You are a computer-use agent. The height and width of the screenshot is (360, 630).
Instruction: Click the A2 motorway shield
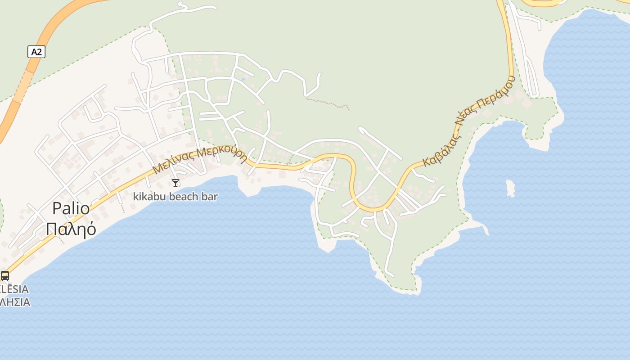[36, 52]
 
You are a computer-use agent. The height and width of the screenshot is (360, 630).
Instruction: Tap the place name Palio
[71, 208]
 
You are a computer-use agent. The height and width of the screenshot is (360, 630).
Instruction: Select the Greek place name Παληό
[71, 229]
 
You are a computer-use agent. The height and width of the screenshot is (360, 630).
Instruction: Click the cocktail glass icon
[175, 183]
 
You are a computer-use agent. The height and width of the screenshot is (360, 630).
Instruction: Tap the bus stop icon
[5, 275]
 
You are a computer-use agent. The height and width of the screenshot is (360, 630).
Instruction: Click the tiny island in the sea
[510, 188]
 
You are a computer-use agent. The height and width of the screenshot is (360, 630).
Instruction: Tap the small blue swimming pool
[243, 80]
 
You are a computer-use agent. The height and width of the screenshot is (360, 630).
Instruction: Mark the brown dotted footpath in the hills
[328, 103]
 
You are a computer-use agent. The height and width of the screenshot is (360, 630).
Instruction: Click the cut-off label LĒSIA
[14, 289]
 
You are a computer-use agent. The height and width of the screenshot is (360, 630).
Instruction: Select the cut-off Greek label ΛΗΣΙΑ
[15, 302]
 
